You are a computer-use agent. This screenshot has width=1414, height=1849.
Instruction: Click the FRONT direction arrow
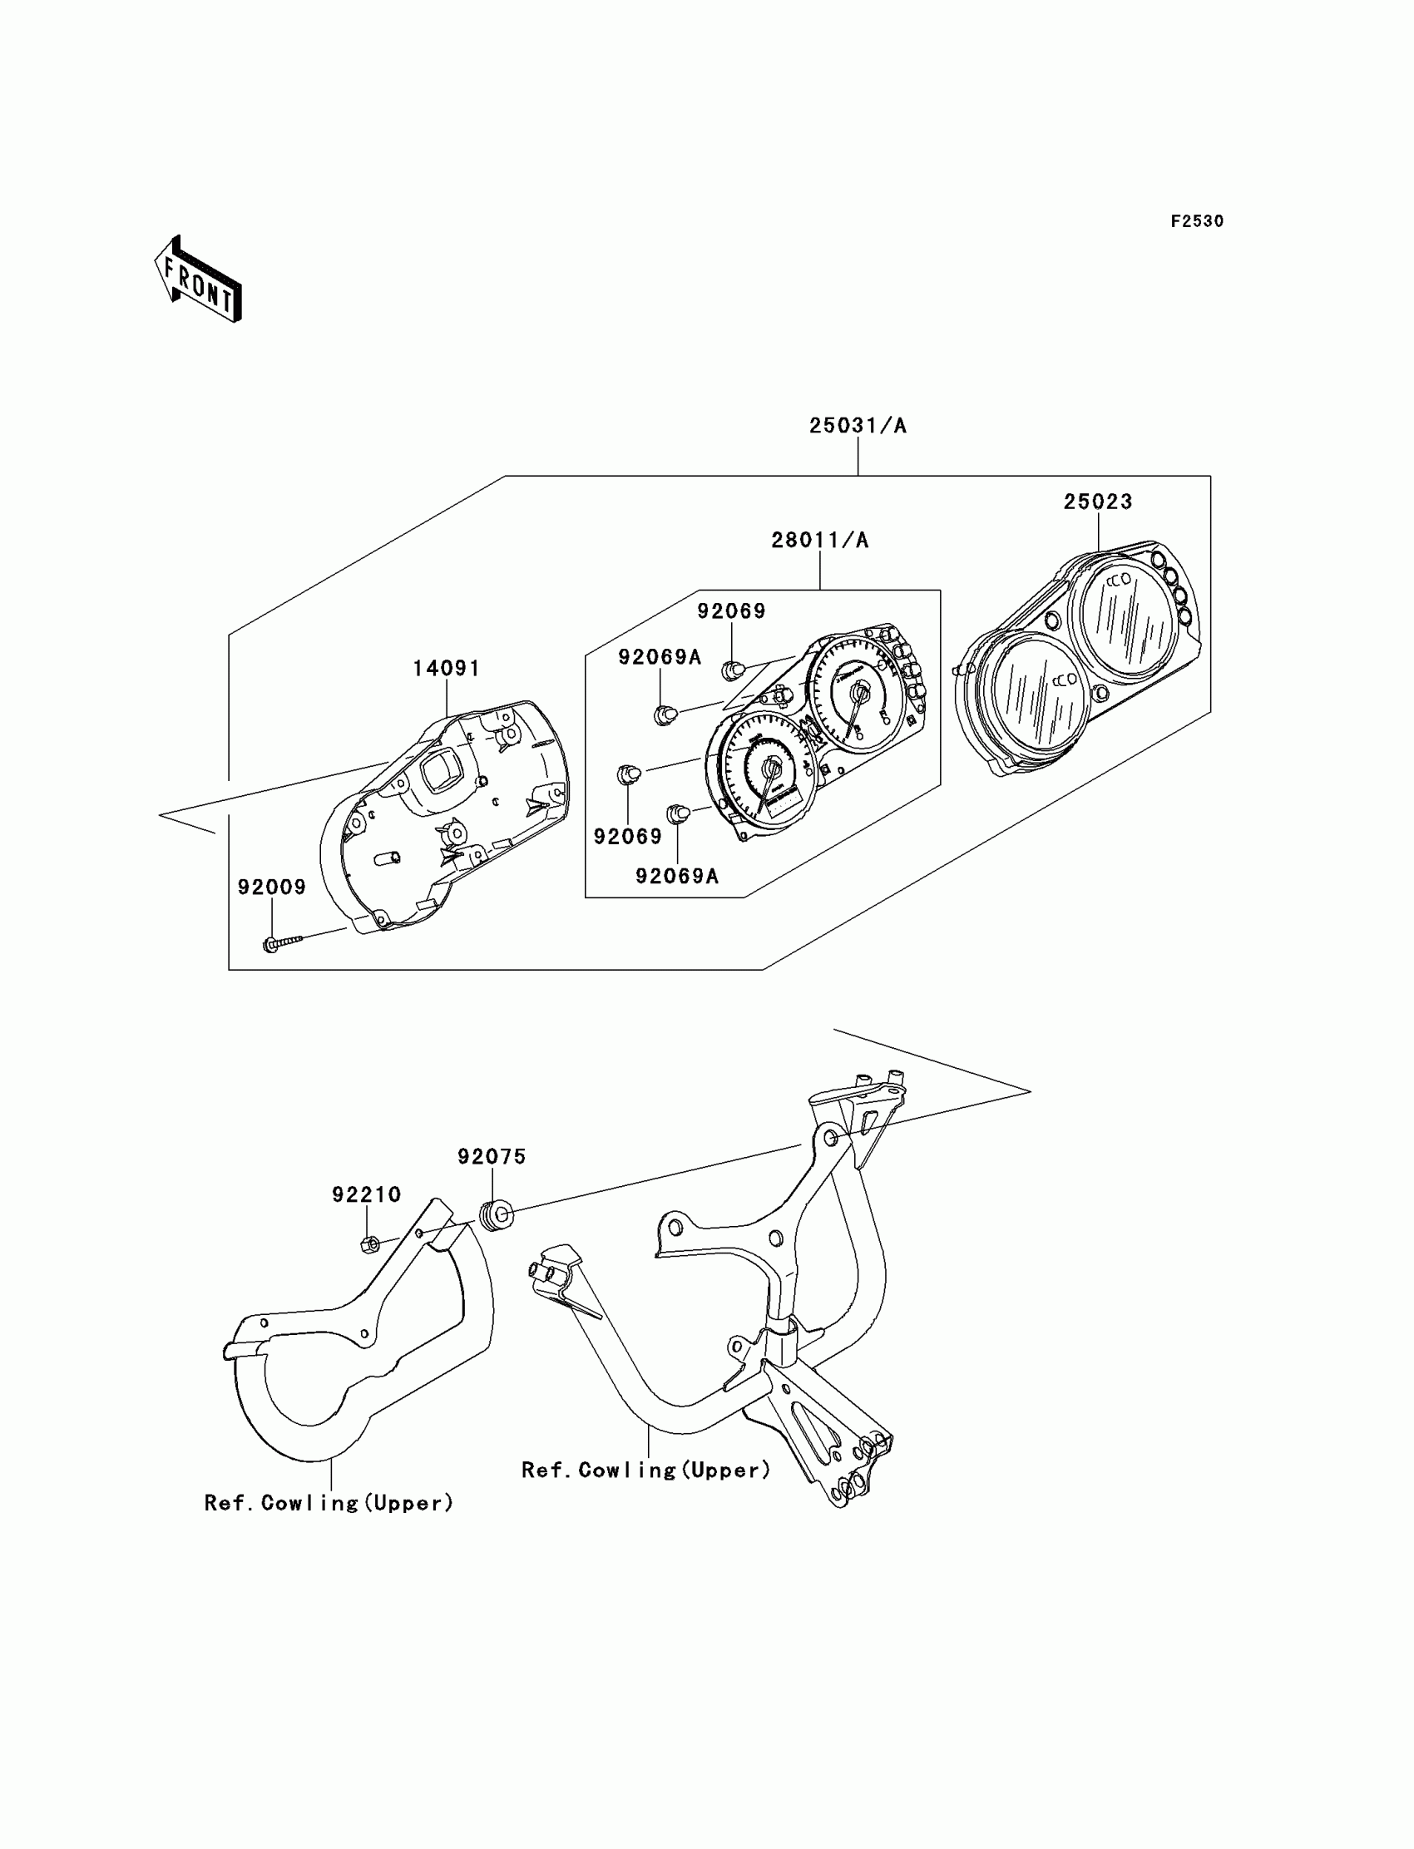point(199,280)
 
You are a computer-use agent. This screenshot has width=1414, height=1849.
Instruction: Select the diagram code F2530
point(1197,221)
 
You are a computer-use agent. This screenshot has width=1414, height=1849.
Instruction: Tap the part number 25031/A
point(858,426)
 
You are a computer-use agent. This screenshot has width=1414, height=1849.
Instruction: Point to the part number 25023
point(1098,502)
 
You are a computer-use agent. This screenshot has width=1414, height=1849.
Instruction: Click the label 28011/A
point(820,540)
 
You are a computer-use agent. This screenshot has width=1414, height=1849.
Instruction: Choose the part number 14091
point(446,668)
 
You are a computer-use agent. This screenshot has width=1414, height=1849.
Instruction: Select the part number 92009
point(272,887)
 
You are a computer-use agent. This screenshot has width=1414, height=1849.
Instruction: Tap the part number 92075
point(492,1157)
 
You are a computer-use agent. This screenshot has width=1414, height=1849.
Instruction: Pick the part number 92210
point(366,1194)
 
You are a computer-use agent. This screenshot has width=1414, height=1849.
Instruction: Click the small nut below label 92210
point(368,1243)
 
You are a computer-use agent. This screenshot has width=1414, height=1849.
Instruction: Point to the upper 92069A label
point(660,657)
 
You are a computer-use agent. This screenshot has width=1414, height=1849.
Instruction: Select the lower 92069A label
point(677,877)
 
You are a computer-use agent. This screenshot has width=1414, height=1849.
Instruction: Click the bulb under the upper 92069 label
point(732,670)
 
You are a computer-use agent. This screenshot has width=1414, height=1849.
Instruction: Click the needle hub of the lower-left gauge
point(770,767)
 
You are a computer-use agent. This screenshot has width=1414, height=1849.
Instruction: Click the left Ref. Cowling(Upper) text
point(329,1503)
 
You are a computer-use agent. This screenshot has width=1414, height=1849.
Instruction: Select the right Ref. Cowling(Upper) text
point(645,1471)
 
